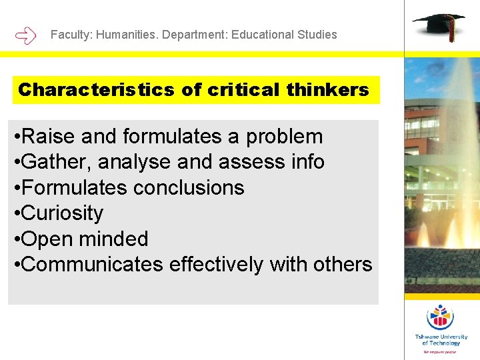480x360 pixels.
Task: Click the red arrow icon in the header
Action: point(25,35)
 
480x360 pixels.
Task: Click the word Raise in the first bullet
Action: point(50,137)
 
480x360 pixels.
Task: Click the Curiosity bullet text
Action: point(62,213)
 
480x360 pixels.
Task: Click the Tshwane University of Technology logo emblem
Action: point(439,317)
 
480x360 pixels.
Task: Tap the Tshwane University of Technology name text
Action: point(441,340)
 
